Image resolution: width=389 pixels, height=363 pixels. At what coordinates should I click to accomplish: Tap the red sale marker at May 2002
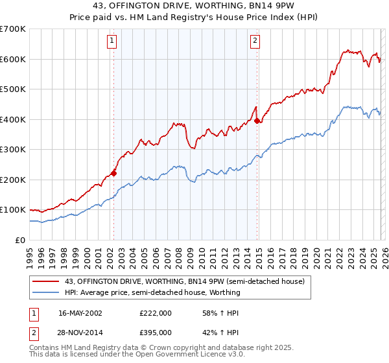(x=113, y=173)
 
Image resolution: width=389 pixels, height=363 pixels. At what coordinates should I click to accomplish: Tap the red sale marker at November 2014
(x=257, y=121)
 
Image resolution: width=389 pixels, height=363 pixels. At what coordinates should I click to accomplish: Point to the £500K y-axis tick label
(x=13, y=89)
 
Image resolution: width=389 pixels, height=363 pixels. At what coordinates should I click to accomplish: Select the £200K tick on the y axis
(x=13, y=180)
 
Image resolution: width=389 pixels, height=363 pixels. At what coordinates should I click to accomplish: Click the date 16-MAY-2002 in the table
(x=80, y=313)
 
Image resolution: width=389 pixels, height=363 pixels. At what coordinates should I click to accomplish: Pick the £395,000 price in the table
(x=156, y=333)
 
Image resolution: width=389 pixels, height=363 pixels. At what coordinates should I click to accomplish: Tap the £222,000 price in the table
(x=156, y=313)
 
